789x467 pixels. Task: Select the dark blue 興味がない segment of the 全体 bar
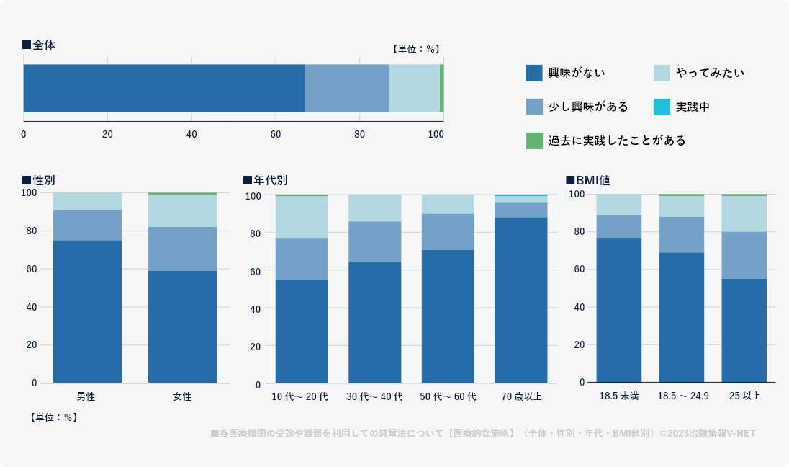(x=164, y=88)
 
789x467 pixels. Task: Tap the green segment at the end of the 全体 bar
(x=441, y=88)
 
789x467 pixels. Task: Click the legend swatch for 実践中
(x=662, y=107)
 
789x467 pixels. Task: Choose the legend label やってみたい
(x=710, y=73)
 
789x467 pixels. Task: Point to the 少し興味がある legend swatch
(x=533, y=107)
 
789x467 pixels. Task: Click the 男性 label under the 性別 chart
(x=86, y=396)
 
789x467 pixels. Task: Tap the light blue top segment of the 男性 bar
(x=87, y=201)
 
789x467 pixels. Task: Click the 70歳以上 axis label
(x=521, y=396)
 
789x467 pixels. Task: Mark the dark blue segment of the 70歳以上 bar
(x=521, y=299)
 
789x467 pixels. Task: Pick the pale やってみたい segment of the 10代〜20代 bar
(x=302, y=217)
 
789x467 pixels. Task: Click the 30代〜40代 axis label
(x=374, y=396)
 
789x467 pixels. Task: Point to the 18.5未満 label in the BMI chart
(x=618, y=396)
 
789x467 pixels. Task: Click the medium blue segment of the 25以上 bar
(x=744, y=255)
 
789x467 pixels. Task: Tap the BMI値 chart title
(x=592, y=180)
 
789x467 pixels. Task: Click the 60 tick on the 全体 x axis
(x=276, y=134)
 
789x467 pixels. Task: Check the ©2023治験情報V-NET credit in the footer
(x=711, y=433)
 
